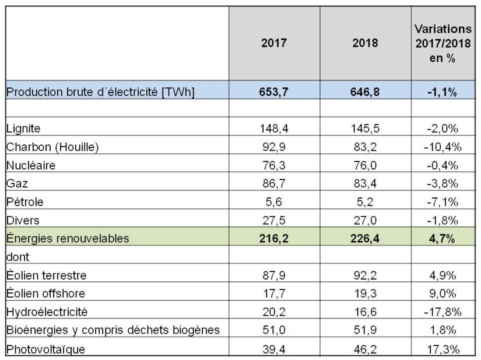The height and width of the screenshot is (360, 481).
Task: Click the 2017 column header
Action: point(273,43)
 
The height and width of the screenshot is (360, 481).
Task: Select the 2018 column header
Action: point(366,43)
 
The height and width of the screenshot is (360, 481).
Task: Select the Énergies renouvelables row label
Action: point(66,238)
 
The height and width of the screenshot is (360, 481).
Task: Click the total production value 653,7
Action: point(273,91)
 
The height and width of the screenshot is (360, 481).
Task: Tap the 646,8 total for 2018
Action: point(366,91)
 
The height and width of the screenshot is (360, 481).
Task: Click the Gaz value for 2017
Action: point(273,183)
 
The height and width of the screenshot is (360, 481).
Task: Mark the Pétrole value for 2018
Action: point(366,202)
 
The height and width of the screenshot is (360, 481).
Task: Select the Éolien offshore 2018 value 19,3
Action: point(366,294)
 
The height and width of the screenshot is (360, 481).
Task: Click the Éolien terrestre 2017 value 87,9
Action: point(273,276)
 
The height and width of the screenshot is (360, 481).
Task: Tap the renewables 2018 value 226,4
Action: point(366,238)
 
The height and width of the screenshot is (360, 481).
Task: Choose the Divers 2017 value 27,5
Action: point(273,220)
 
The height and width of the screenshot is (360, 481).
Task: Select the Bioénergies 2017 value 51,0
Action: point(273,331)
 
